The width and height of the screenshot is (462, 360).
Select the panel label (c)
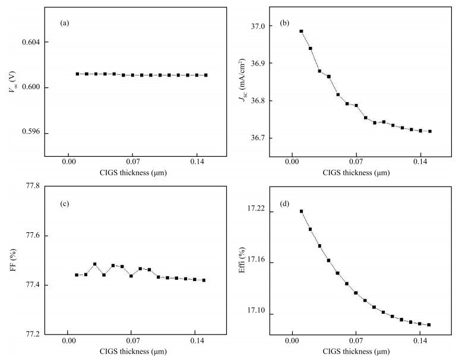coord(65,204)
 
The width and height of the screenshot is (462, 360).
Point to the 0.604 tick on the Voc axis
coord(31,43)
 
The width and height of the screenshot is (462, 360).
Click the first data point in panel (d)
coord(301,211)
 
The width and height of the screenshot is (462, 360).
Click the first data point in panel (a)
coord(77,74)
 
